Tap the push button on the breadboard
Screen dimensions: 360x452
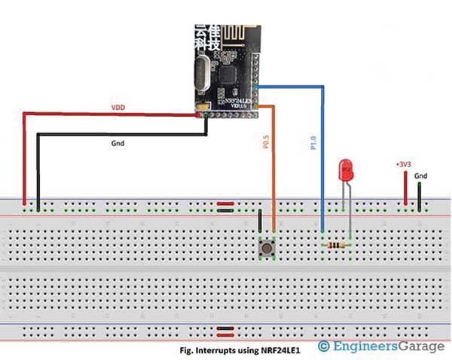[266, 246]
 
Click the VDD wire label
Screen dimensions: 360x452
[118, 108]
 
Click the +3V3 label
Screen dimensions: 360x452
[404, 163]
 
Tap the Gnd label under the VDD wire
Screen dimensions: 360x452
[118, 143]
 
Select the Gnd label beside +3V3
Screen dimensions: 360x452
[421, 175]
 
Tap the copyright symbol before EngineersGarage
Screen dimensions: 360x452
[324, 346]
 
